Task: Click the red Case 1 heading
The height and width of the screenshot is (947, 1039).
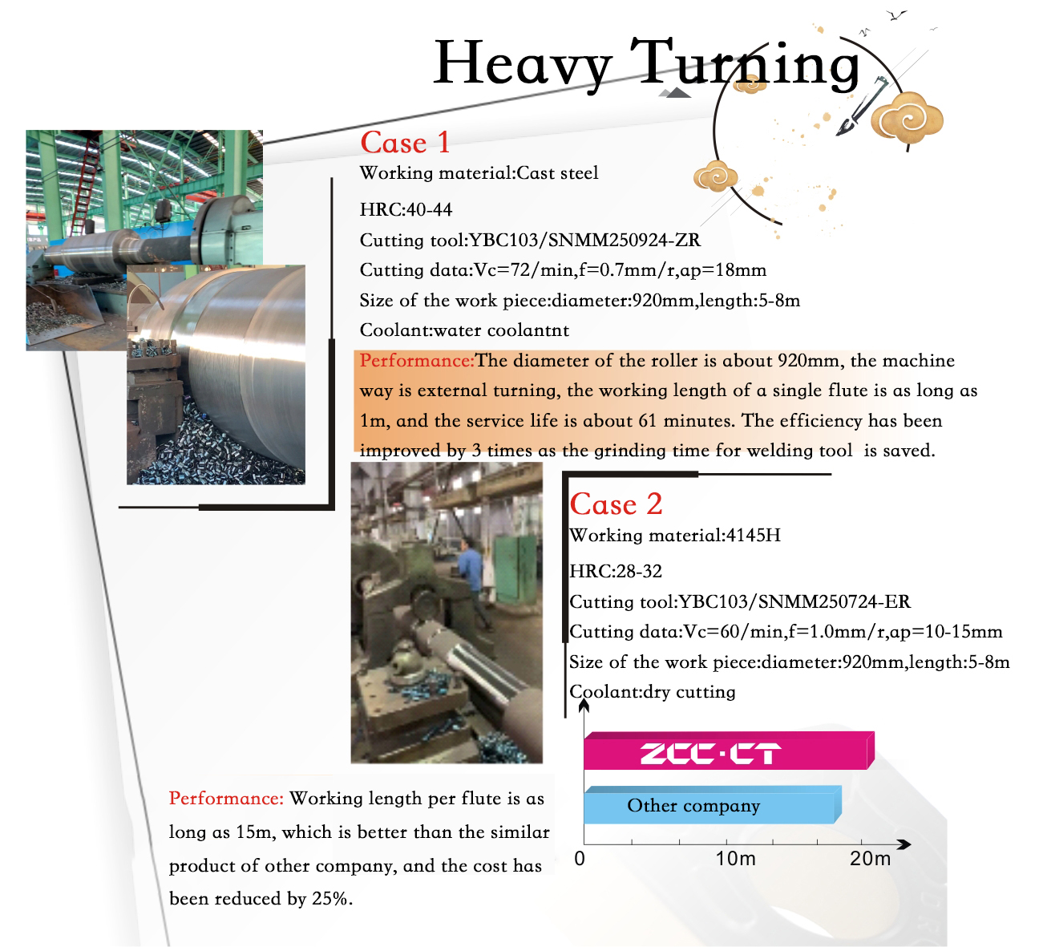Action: point(405,143)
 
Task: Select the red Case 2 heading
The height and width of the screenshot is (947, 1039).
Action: point(616,504)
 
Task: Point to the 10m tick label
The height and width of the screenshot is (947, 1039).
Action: point(735,859)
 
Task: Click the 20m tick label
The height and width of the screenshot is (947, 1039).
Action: point(870,859)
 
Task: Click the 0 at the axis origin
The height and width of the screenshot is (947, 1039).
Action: point(580,859)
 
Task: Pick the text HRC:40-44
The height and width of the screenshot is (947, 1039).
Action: point(406,210)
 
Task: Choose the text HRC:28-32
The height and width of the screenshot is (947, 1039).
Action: point(616,572)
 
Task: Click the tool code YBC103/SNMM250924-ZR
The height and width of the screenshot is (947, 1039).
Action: point(584,241)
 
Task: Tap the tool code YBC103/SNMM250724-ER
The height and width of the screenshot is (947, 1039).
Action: point(794,602)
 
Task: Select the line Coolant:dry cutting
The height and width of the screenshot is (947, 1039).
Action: point(652,692)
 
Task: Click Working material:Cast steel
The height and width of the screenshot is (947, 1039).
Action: point(479,173)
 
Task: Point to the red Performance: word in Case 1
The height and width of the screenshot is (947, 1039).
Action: point(417,361)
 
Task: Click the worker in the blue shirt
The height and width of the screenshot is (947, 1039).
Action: point(470,566)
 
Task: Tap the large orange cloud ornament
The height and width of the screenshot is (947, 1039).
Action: point(906,119)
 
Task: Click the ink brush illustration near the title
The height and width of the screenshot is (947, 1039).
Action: point(861,107)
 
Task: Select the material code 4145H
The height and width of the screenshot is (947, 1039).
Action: point(753,536)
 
